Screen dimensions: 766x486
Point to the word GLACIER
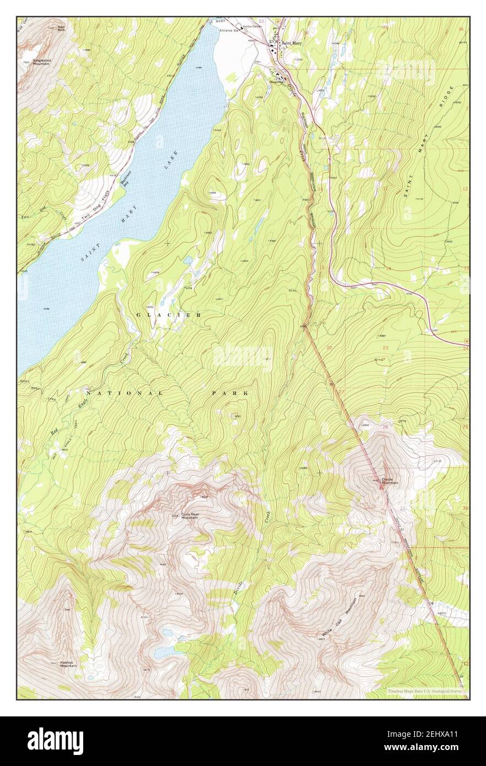click(x=169, y=314)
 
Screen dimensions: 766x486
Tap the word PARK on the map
click(x=230, y=393)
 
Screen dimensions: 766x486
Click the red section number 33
click(x=261, y=21)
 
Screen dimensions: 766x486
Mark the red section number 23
click(x=385, y=348)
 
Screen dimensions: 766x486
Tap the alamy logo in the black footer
click(x=55, y=741)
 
